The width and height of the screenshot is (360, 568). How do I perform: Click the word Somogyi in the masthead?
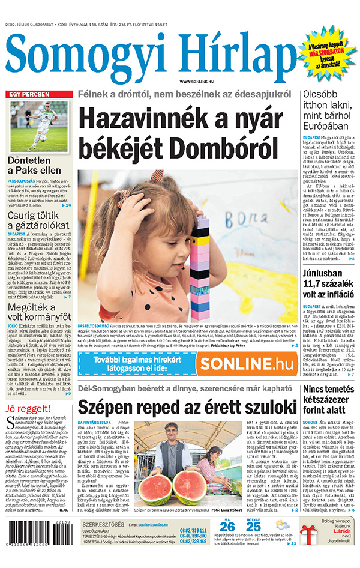coord(78,55)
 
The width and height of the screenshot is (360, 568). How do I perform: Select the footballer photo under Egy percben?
coord(38,126)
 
